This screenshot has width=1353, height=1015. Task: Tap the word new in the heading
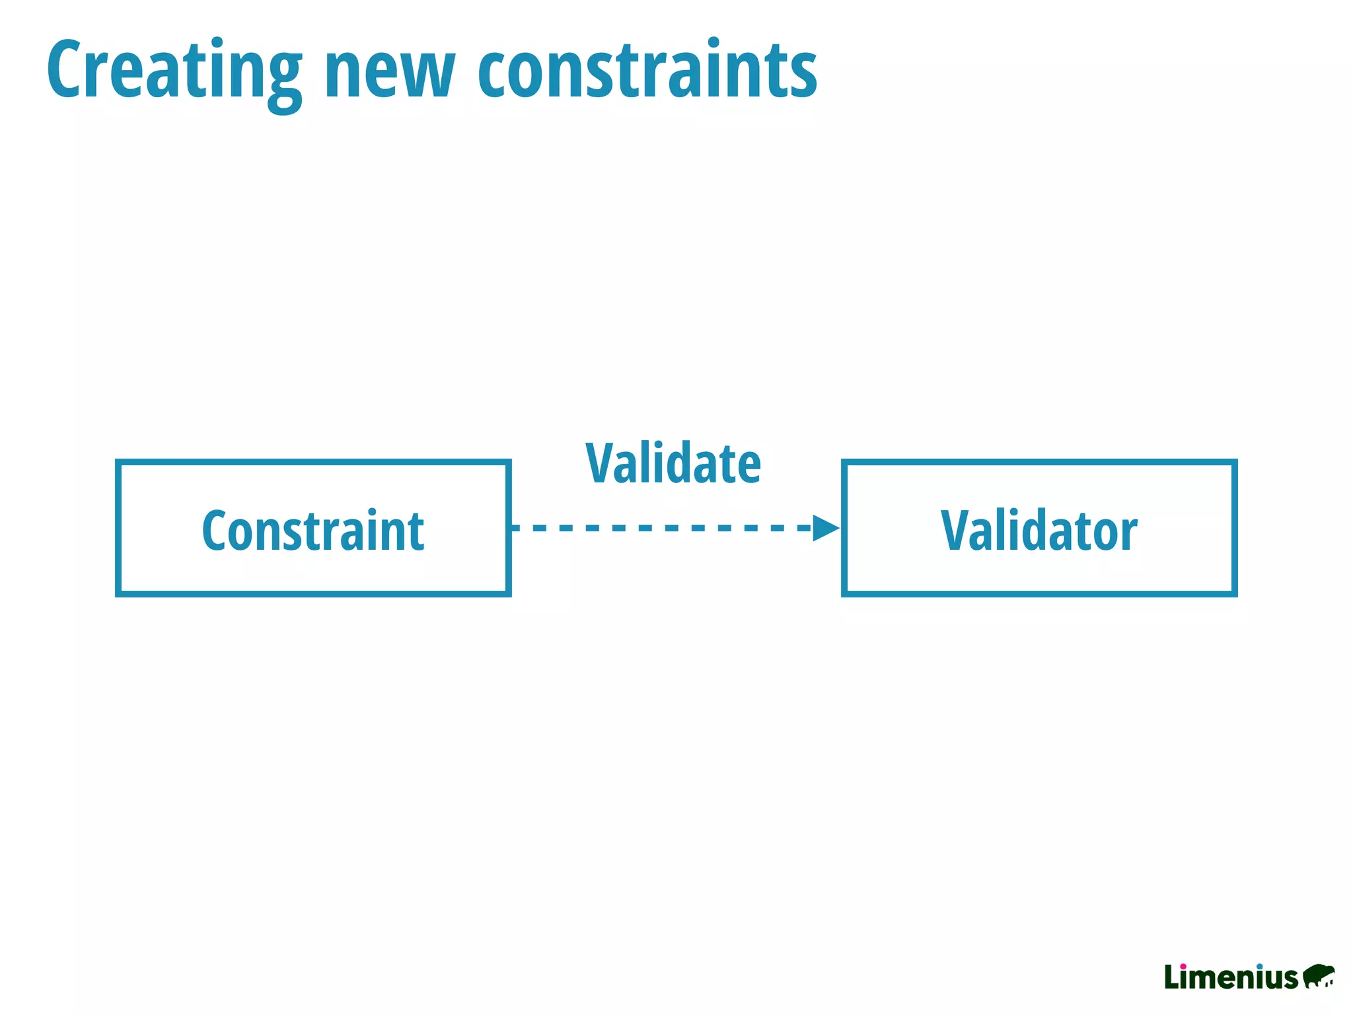coord(390,73)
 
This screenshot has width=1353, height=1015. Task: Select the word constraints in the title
coord(647,69)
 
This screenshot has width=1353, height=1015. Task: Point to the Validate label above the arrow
coord(673,464)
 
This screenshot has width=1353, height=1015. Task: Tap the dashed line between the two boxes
coord(661,528)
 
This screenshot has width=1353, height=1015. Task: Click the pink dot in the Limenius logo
coord(1183,966)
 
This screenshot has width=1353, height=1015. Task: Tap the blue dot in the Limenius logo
coord(1260,966)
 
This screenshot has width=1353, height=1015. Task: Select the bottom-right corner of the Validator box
coord(1234,593)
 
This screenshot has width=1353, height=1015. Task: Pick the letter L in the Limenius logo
coord(1171,977)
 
